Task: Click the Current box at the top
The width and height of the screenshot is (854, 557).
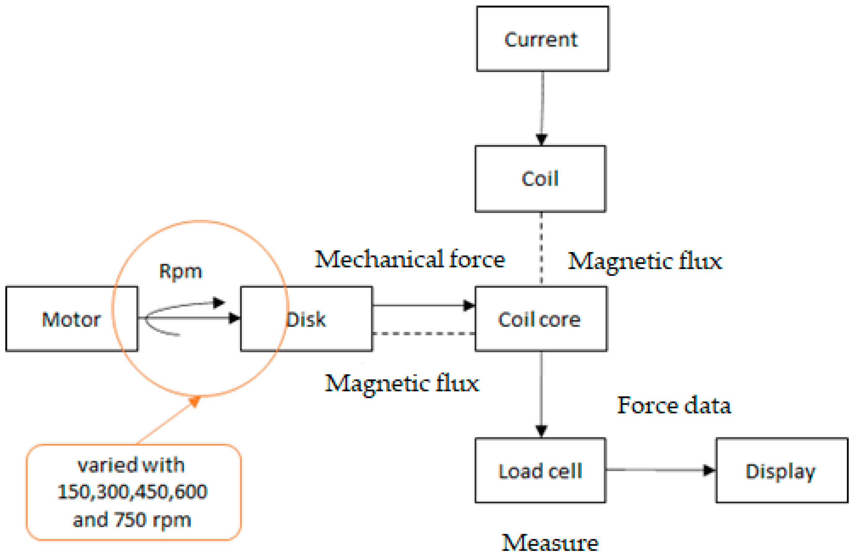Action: point(542,39)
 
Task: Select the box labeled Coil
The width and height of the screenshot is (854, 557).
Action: point(540,178)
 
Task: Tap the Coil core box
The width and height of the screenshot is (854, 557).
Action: point(541,319)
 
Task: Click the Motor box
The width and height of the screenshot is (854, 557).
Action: point(71,319)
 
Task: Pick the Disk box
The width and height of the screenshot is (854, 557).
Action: point(323,319)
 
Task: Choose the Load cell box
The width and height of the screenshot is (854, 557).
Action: point(540,471)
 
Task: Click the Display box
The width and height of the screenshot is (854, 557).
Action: point(782,471)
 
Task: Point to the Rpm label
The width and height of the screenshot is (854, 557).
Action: point(181,271)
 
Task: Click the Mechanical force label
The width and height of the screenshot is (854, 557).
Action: point(410,259)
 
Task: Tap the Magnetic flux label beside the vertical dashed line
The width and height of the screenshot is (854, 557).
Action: point(645,261)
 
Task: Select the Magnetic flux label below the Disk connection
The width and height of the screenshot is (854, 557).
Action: point(402,383)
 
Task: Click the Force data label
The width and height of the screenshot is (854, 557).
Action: point(674,405)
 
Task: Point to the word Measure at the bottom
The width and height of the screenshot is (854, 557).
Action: point(550,543)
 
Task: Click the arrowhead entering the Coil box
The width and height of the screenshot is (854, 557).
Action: point(541,139)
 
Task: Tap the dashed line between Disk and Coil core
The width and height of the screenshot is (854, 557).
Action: point(423,334)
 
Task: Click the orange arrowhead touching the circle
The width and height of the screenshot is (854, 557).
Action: point(195,401)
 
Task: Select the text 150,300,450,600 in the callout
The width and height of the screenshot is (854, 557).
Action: point(132,492)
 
